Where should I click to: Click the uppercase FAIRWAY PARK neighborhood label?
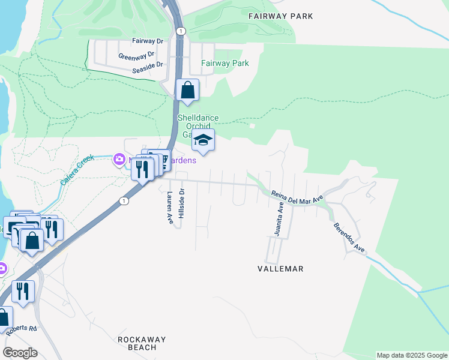[x=280, y=16]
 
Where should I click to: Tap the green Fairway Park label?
[x=225, y=63]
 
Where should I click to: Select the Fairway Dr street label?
[x=148, y=41]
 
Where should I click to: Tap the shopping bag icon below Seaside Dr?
[x=187, y=91]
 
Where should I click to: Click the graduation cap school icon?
[x=203, y=142]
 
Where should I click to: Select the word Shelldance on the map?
[x=198, y=118]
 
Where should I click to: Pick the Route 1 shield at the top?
[x=180, y=31]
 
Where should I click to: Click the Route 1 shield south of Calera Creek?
[x=124, y=200]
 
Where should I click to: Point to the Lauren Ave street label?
[x=170, y=209]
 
